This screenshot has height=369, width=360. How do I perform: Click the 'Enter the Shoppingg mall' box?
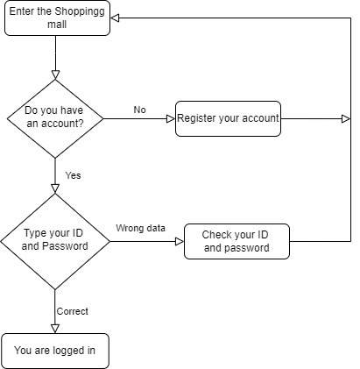pos(55,18)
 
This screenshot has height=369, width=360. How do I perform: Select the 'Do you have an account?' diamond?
pos(55,118)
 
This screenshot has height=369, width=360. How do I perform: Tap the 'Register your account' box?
pos(228,118)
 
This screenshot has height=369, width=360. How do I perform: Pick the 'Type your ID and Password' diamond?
pos(55,239)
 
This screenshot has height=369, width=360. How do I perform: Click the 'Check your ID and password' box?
pos(236,241)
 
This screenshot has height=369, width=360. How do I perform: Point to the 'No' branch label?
pos(139,110)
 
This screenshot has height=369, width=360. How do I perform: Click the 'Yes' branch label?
pos(73,175)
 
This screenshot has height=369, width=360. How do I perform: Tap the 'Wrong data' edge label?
pos(140,229)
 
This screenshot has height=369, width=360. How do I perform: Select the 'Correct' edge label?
pos(72,311)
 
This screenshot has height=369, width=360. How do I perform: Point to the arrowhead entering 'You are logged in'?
pos(55,328)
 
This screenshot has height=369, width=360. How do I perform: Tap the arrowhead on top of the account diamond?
pos(55,74)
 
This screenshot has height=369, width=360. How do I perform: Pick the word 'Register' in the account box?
pos(199,118)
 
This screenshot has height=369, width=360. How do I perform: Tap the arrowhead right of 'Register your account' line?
pos(342,118)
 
